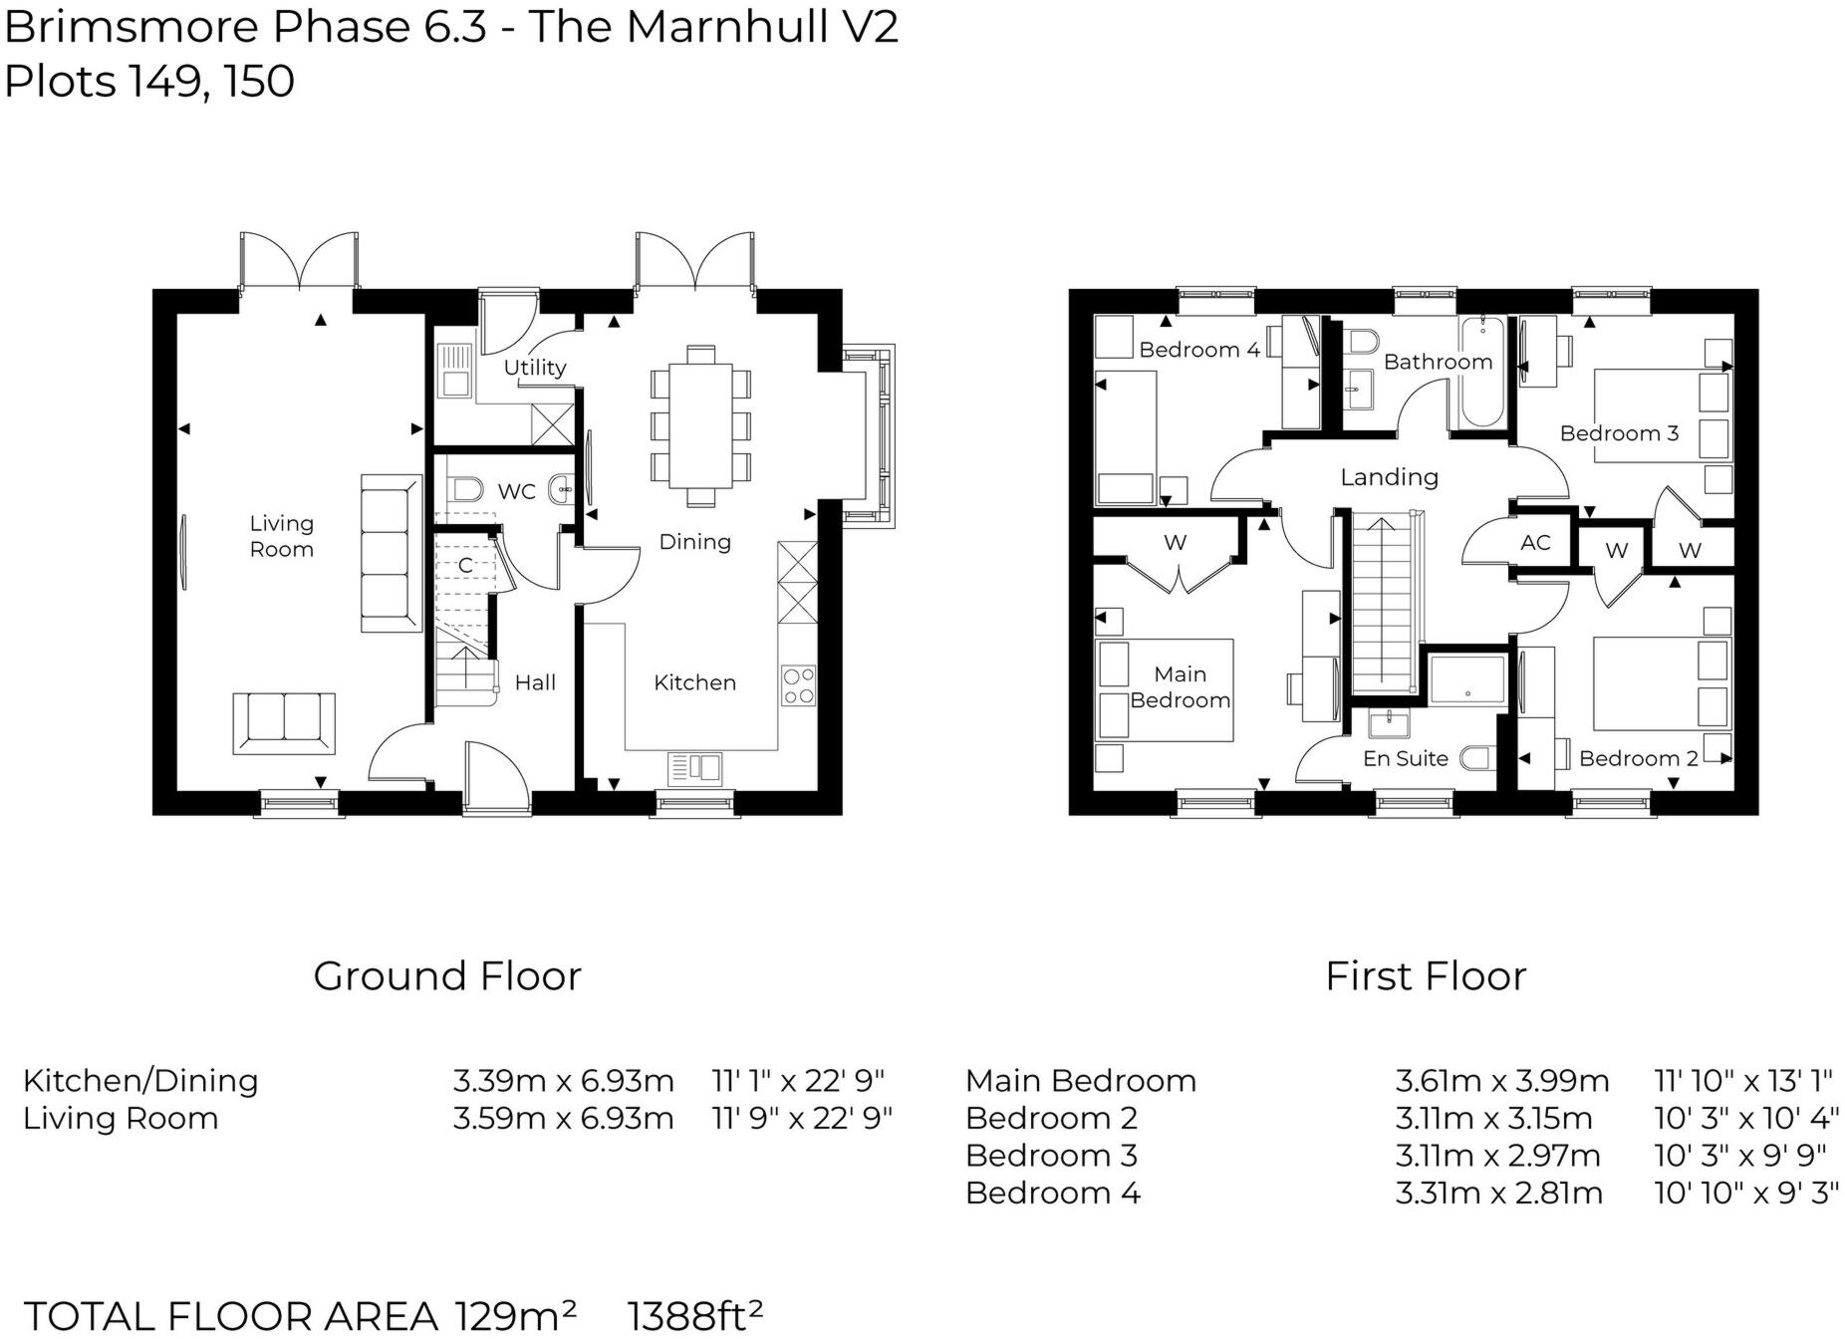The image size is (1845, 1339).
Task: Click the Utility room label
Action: pos(534,367)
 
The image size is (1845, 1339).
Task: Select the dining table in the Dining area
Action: pos(700,424)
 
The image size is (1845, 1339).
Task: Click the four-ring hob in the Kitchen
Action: pos(798,685)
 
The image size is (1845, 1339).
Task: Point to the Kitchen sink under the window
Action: pos(694,767)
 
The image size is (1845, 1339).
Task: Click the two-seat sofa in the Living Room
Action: pos(284,721)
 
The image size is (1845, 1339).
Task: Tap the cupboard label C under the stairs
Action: pos(464,566)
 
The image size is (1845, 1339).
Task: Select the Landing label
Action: pos(1389,477)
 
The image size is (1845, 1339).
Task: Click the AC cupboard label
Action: pos(1535,543)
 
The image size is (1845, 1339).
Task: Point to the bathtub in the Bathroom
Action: pos(1481,373)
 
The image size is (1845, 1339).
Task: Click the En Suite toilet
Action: pos(1477,758)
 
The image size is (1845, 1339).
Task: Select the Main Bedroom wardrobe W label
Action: pos(1175,543)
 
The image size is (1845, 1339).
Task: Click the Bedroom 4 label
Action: pos(1198,350)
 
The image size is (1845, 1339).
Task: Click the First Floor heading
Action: pos(1425,975)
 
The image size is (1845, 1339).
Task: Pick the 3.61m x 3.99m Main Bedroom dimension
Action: pos(1501,1080)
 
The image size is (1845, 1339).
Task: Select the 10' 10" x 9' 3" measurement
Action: pos(1745,1193)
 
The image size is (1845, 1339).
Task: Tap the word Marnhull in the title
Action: pos(713,27)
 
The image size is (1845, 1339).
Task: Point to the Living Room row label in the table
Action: pos(121,1118)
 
